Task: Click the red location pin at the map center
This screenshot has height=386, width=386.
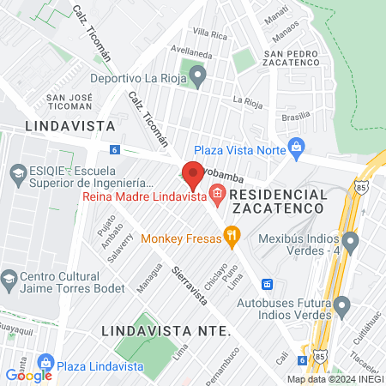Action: [x=193, y=175]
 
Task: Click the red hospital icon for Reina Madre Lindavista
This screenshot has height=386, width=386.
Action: [x=217, y=195]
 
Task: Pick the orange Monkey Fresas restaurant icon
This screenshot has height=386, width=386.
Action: [x=230, y=235]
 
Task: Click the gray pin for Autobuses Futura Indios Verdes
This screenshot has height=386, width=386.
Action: [x=342, y=305]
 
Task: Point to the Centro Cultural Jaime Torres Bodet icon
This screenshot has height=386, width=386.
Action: [x=9, y=280]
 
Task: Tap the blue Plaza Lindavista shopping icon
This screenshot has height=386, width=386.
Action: [x=47, y=363]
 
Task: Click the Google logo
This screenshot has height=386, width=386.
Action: [x=28, y=375]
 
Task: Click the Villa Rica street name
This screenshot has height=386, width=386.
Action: [x=209, y=33]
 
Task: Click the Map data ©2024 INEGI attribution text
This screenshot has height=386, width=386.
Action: [x=335, y=379]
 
